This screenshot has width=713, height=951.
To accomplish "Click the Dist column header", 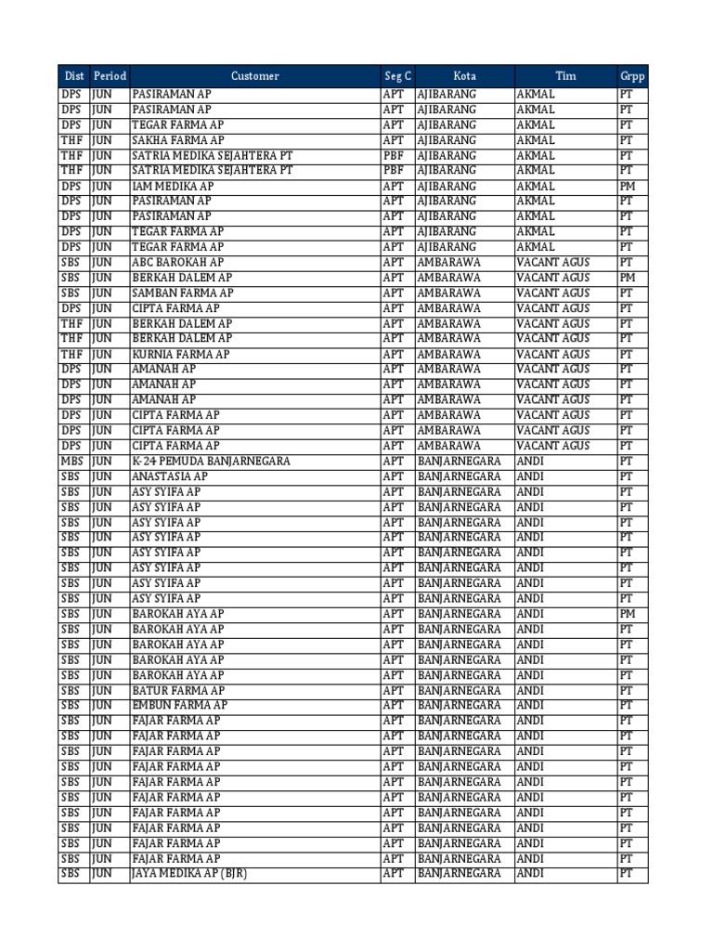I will coord(73,76).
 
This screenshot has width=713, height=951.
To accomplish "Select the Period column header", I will coord(110,76).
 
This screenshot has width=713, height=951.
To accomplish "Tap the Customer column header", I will coord(254,76).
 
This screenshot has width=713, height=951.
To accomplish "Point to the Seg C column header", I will coord(397,76).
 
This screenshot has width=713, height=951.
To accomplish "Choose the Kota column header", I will coord(464,76).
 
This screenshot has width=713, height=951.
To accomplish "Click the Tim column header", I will coord(565,76).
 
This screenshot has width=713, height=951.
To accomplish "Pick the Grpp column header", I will coord(632,76).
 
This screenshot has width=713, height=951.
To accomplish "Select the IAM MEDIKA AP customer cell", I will coord(173,186).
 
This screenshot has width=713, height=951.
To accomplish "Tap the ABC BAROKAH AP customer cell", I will coord(177,263).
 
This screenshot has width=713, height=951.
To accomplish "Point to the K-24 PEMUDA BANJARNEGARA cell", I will coord(211,461).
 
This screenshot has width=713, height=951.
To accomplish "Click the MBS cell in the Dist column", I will coord(72,461).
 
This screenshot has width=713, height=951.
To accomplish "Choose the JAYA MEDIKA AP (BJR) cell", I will coord(189,874).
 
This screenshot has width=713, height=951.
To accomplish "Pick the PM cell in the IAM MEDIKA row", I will coord(628,186).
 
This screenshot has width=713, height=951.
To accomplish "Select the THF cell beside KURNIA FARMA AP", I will coord(72,354).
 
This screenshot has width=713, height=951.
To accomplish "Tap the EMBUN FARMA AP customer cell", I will coord(179,706).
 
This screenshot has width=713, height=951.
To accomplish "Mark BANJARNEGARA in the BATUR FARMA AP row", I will coord(459,690).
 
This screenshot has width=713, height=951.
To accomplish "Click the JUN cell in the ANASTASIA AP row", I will coord(101,476).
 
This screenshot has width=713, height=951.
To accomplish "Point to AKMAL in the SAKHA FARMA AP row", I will coord(536,140).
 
